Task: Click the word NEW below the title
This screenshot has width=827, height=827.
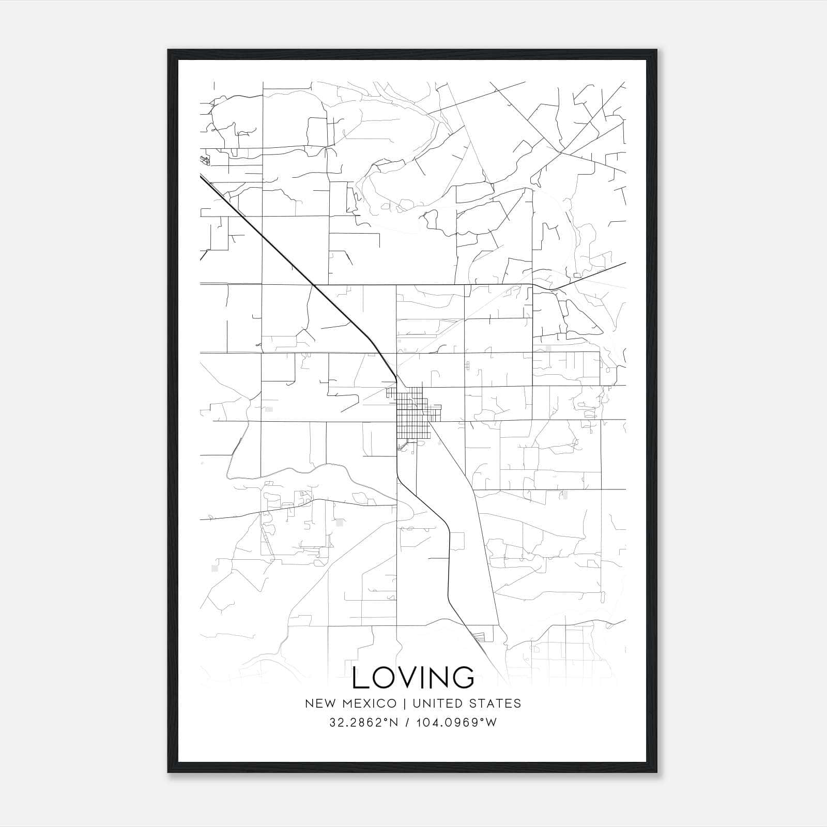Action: pos(317,703)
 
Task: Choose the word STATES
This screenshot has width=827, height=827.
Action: pos(496,703)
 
